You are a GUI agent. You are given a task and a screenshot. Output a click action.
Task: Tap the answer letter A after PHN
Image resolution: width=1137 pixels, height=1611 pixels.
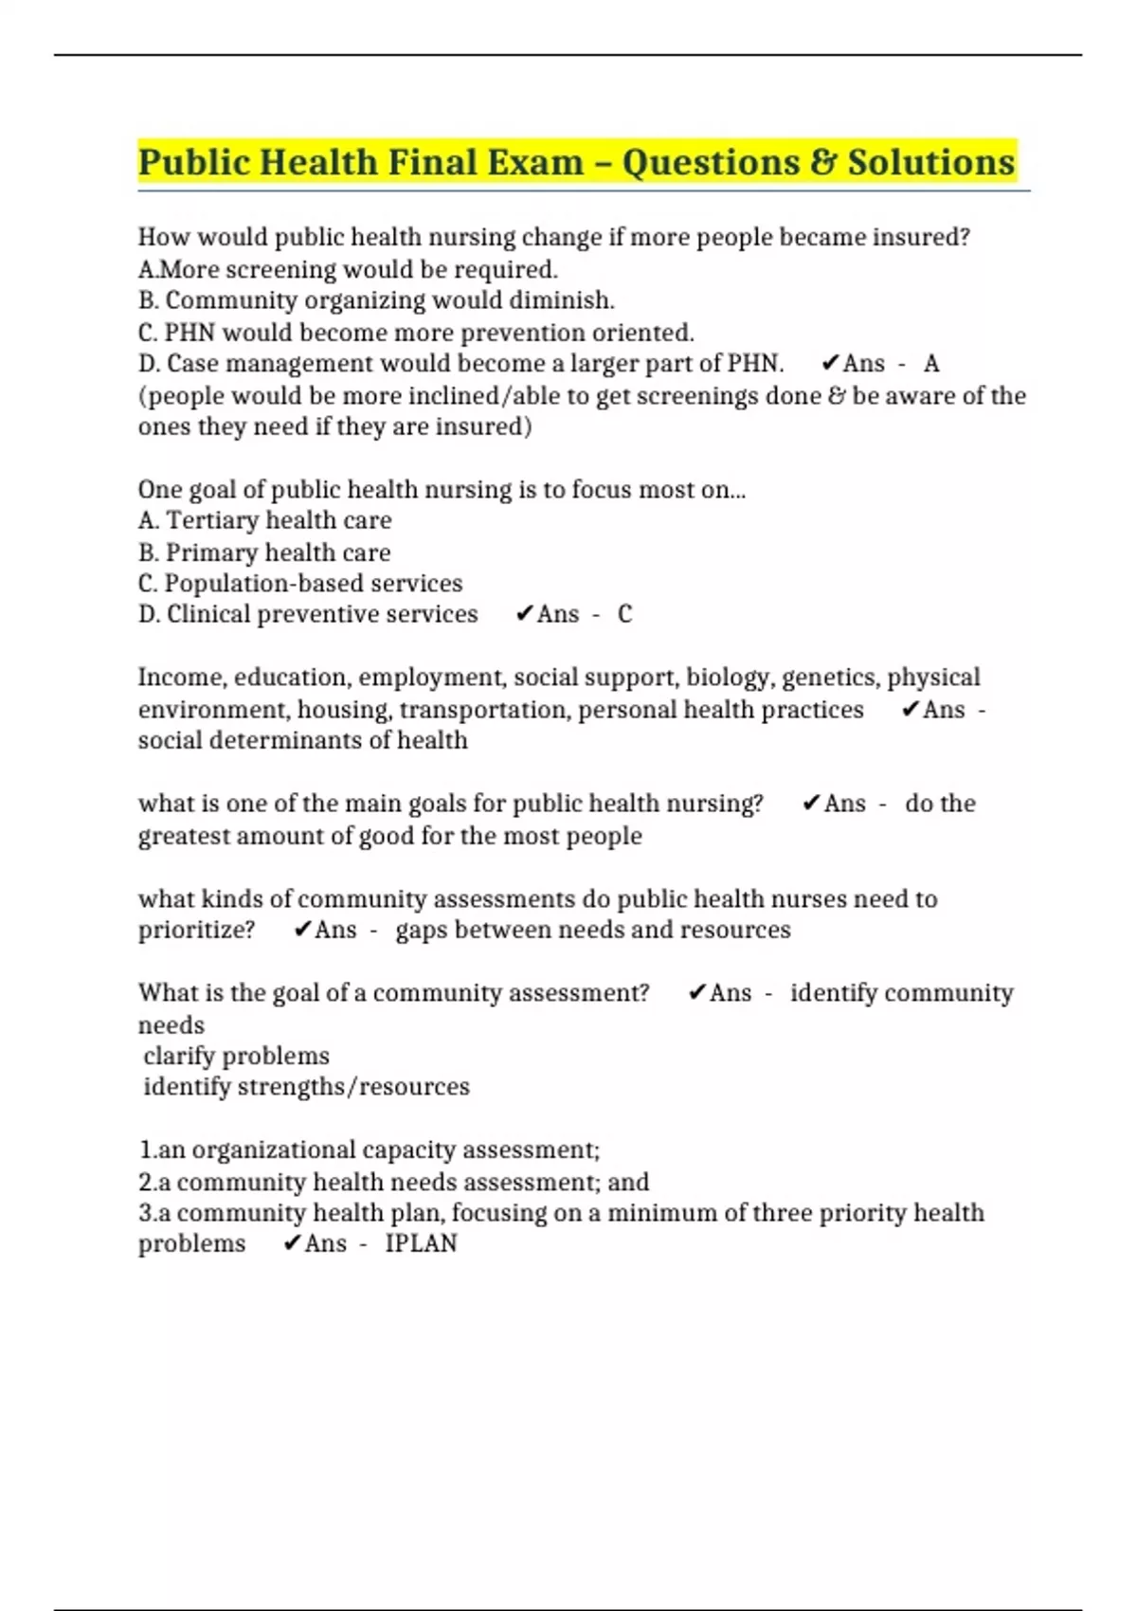click(x=931, y=364)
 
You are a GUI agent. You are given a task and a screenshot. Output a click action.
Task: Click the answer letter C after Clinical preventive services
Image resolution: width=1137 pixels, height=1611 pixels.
click(x=624, y=614)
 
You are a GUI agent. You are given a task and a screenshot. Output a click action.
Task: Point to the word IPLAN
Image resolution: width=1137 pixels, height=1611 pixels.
click(x=421, y=1243)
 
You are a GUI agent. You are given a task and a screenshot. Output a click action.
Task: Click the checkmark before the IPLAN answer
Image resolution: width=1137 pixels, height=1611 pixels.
click(x=292, y=1243)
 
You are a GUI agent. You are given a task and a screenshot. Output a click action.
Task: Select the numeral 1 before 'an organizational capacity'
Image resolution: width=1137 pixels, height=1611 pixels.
click(x=145, y=1149)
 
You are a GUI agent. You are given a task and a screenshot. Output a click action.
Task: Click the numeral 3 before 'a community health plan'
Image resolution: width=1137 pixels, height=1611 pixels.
click(x=145, y=1213)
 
